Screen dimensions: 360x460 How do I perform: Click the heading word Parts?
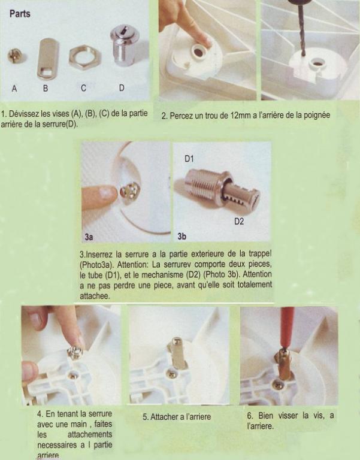[20, 14]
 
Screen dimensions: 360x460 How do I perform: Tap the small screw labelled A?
[14, 56]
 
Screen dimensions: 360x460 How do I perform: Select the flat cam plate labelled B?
[47, 59]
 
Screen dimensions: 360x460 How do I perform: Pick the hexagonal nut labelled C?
[85, 57]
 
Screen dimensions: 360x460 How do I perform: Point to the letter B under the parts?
[46, 88]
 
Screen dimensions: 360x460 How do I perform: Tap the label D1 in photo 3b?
[189, 159]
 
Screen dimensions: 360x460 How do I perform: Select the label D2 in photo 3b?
[239, 221]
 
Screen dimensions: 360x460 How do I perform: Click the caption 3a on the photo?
[89, 237]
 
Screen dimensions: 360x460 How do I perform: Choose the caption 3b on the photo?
[181, 236]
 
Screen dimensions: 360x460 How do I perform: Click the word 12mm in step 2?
[241, 115]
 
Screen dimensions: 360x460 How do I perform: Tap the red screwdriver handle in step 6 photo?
[287, 326]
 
